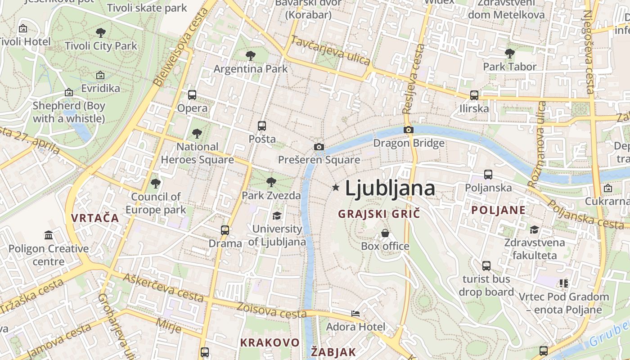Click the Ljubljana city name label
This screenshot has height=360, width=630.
390,189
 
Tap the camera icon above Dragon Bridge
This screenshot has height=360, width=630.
409,130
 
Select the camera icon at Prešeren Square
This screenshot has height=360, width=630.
319,147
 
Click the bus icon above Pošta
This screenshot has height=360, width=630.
262,126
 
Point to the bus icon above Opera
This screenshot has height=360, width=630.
192,95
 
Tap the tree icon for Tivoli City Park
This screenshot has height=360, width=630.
101,32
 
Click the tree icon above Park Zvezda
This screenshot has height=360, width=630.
271,182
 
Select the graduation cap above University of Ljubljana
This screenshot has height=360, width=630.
277,216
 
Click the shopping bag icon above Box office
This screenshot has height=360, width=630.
385,233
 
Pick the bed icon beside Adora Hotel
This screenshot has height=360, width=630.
355,314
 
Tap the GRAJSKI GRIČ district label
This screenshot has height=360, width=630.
379,214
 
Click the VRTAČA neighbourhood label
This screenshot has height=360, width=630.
95,218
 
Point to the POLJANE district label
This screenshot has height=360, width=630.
498,210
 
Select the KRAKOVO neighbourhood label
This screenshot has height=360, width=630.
270,342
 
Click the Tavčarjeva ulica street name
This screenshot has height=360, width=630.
330,50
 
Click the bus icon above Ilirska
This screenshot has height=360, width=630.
474,95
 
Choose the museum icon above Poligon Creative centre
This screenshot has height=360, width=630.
49,235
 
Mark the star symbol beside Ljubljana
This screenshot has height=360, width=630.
335,188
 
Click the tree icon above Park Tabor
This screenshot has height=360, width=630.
509,54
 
